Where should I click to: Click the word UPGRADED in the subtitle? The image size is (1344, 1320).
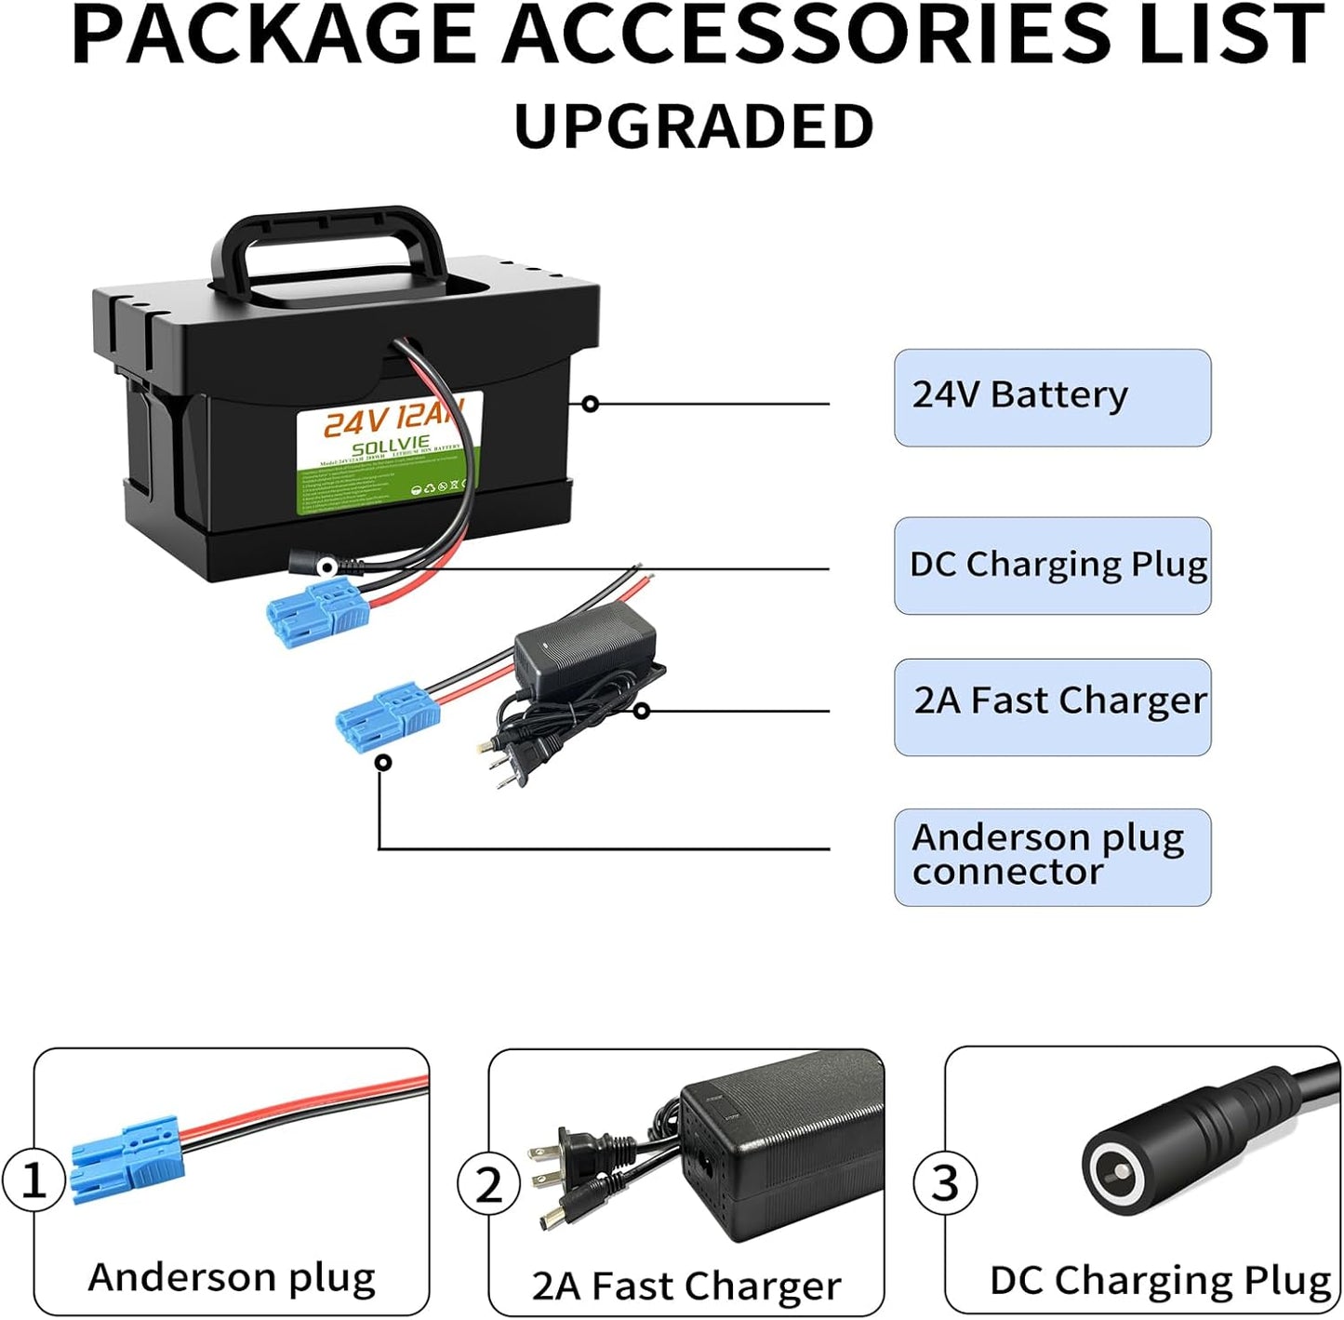[x=694, y=127]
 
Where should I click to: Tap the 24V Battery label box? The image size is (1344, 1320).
[x=1052, y=397]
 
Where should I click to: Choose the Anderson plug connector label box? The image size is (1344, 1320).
[x=1052, y=856]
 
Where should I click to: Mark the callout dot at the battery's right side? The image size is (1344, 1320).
[x=590, y=404]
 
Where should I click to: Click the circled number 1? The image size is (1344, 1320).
[x=33, y=1180]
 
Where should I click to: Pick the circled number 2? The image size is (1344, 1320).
[x=488, y=1184]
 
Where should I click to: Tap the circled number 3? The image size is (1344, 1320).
[x=945, y=1183]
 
